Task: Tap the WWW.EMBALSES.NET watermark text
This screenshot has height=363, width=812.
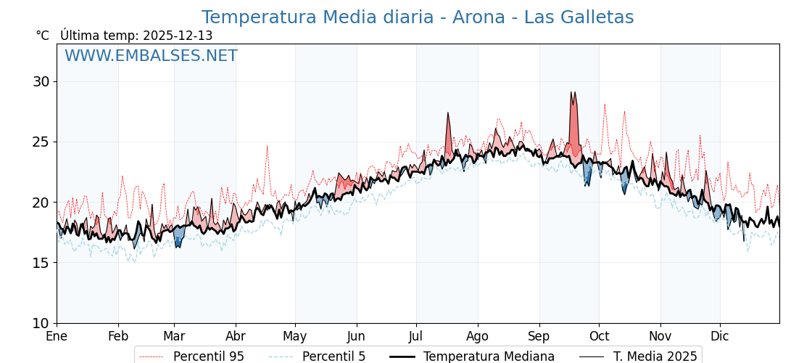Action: (x=151, y=56)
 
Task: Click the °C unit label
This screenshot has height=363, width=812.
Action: (x=42, y=36)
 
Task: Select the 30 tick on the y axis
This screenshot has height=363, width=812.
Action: (x=41, y=81)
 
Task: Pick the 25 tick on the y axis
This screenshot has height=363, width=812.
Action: (x=41, y=142)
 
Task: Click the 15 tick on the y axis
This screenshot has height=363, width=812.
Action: (x=41, y=263)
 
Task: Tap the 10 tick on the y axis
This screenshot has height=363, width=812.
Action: (x=41, y=323)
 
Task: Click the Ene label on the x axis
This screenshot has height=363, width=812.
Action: (x=57, y=336)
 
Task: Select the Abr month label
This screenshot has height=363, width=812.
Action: (x=236, y=336)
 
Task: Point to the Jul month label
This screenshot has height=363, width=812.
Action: (x=416, y=336)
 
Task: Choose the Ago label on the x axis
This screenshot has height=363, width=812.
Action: (x=478, y=336)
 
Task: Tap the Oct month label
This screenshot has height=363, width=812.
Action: (x=599, y=336)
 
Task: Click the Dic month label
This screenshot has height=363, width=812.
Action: (x=720, y=336)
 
